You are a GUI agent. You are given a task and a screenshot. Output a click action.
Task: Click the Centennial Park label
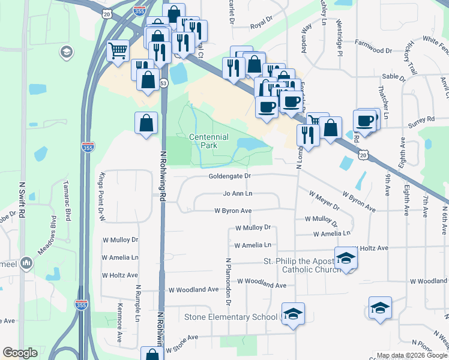click(209, 141)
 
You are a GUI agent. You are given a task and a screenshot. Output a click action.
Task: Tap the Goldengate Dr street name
click(229, 176)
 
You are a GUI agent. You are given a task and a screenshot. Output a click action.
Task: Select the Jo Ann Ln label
click(238, 194)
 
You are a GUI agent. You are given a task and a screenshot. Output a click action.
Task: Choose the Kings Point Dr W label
click(101, 197)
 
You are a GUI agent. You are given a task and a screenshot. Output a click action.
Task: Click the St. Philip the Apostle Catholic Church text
click(298, 265)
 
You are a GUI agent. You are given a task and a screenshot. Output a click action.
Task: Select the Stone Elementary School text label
click(231, 317)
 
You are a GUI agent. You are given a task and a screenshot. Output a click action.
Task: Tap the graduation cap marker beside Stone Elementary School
click(293, 314)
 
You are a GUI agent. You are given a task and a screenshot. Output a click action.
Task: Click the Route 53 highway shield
click(163, 84)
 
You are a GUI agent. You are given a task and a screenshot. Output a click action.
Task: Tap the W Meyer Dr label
click(324, 200)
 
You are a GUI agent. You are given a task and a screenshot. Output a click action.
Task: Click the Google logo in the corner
click(20, 353)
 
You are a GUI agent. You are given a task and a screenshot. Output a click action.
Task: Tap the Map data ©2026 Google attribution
click(411, 355)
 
